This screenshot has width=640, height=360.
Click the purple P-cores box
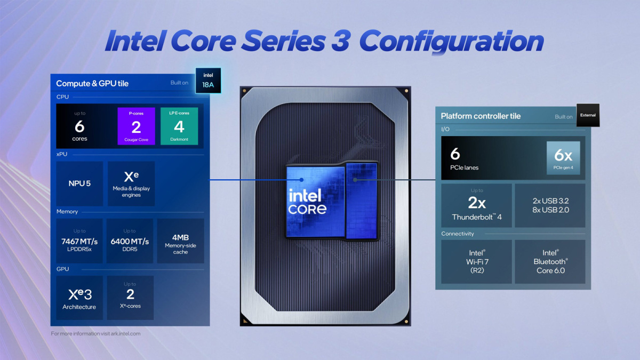click(x=137, y=126)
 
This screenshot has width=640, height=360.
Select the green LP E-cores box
click(x=179, y=126)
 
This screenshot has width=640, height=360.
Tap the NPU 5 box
click(x=79, y=183)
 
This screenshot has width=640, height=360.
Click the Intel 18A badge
click(x=208, y=81)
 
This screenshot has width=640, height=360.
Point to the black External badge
click(x=588, y=115)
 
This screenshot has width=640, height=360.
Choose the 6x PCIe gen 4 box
click(x=563, y=158)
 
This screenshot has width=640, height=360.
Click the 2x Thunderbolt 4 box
click(x=476, y=205)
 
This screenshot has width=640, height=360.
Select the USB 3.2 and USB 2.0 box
click(x=550, y=205)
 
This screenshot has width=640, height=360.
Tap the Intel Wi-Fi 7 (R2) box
click(x=476, y=262)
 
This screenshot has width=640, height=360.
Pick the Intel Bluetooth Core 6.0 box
click(x=550, y=262)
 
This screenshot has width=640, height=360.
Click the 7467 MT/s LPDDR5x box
click(x=79, y=241)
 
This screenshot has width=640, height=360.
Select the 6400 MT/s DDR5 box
click(x=130, y=241)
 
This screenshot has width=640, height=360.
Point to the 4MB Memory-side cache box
click(x=181, y=241)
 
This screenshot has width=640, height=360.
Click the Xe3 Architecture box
click(x=79, y=298)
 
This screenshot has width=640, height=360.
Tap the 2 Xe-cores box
click(x=130, y=298)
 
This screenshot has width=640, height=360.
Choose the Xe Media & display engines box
click(x=131, y=183)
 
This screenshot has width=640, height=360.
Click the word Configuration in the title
click(x=451, y=42)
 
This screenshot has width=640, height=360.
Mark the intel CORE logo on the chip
click(x=307, y=202)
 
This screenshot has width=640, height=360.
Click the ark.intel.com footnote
click(x=95, y=333)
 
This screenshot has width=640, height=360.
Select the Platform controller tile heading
click(x=481, y=116)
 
